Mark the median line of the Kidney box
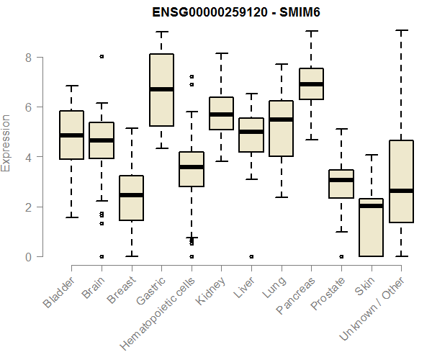pyautogui.click(x=221, y=114)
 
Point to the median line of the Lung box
pyautogui.click(x=281, y=120)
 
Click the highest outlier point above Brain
pyautogui.click(x=102, y=56)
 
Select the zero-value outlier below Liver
pyautogui.click(x=251, y=256)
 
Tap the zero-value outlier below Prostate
pyautogui.click(x=341, y=256)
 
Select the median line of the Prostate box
pyautogui.click(x=341, y=180)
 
